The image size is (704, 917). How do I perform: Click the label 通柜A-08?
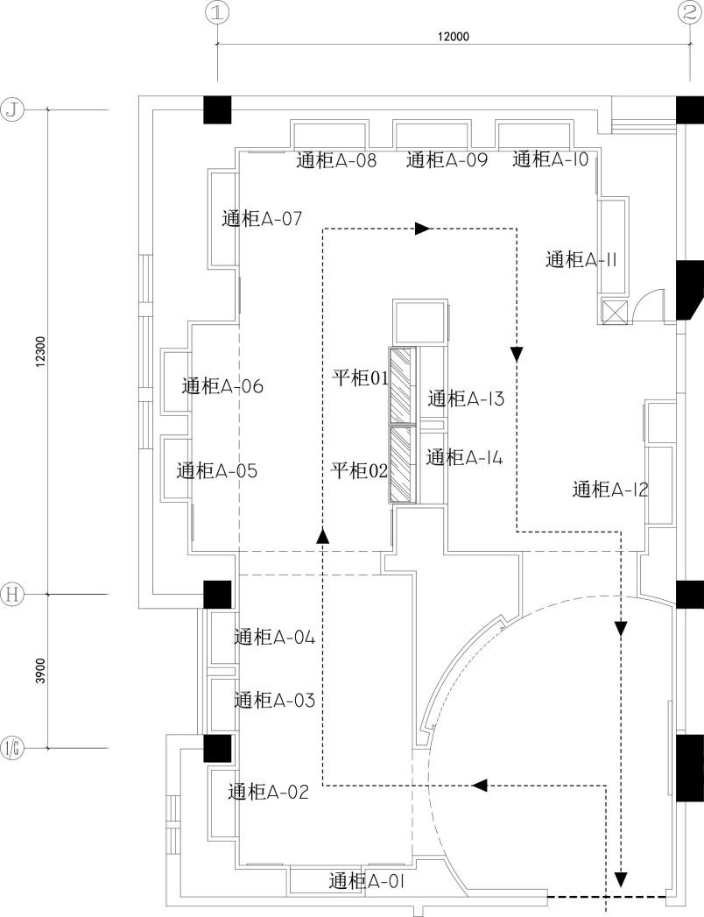click(336, 160)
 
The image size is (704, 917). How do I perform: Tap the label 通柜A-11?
click(583, 260)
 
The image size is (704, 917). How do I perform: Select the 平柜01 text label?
click(360, 377)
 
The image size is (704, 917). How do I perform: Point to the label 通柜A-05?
click(217, 471)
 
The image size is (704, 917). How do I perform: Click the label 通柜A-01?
click(366, 880)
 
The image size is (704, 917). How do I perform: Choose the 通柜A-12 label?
click(610, 490)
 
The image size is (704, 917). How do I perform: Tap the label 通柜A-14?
click(464, 457)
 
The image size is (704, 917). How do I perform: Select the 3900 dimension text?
click(39, 672)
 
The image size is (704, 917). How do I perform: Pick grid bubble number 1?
click(217, 12)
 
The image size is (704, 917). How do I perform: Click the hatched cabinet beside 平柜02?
click(402, 464)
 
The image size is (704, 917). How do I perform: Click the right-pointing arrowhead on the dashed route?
click(423, 229)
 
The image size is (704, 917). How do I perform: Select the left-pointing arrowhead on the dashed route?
click(479, 785)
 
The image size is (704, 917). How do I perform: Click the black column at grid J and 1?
click(217, 109)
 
